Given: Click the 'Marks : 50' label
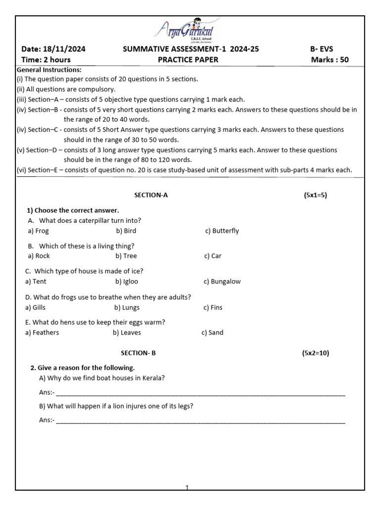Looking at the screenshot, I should pyautogui.click(x=330, y=60).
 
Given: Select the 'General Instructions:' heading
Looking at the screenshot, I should pyautogui.click(x=49, y=70).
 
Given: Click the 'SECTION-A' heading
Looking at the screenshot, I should pyautogui.click(x=151, y=195).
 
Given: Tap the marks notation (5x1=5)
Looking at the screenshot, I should pyautogui.click(x=315, y=195).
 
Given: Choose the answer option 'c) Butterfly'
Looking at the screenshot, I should pyautogui.click(x=222, y=231).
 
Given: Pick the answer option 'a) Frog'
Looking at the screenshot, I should pyautogui.click(x=39, y=231).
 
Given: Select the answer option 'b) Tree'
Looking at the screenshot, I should pyautogui.click(x=126, y=256).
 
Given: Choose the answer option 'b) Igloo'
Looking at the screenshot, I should pyautogui.click(x=127, y=282).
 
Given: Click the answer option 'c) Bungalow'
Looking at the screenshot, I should pyautogui.click(x=222, y=282).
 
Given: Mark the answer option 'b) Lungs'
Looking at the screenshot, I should pyautogui.click(x=127, y=307).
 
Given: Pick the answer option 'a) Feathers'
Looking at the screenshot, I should pyautogui.click(x=42, y=333).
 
